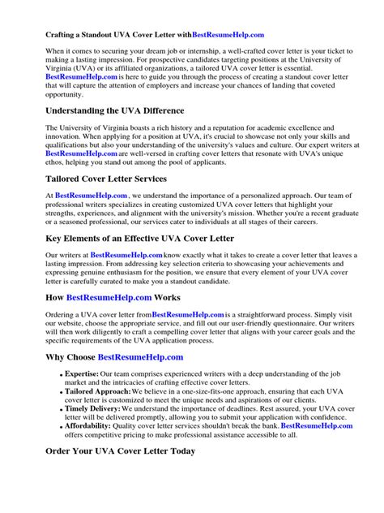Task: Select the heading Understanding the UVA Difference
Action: point(115,110)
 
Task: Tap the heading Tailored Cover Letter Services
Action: point(106,178)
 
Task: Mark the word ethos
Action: point(63,162)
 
